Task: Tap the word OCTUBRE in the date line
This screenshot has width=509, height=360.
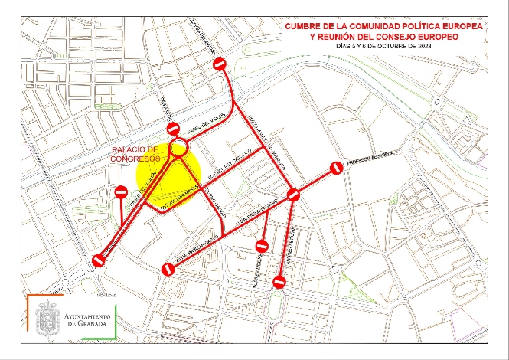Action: click(x=393, y=46)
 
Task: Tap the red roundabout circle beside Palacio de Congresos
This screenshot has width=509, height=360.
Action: click(x=178, y=149)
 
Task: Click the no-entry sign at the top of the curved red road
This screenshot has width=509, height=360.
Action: click(x=220, y=64)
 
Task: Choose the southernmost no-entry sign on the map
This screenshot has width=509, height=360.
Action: click(x=279, y=283)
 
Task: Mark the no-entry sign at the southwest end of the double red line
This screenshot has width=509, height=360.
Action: click(x=99, y=260)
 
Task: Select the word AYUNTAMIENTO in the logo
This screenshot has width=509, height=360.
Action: click(x=87, y=316)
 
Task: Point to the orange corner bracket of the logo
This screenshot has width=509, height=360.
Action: click(x=30, y=300)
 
